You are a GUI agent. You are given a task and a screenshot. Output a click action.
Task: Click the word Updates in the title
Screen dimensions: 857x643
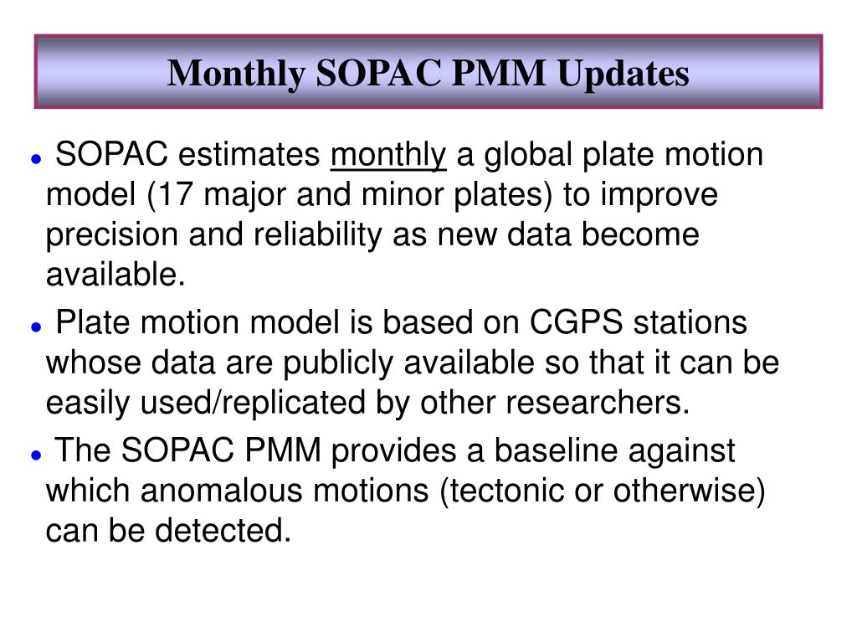click(x=623, y=74)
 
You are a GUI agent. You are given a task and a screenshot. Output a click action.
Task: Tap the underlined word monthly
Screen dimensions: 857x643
click(x=388, y=155)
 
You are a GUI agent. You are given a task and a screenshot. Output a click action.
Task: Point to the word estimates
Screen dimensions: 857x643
click(x=249, y=155)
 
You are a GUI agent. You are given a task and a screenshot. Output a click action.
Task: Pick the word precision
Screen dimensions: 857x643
click(x=111, y=235)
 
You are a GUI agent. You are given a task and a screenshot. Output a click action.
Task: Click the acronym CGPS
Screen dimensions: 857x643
click(x=576, y=322)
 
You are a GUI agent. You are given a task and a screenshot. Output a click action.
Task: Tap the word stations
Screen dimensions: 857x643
click(x=690, y=322)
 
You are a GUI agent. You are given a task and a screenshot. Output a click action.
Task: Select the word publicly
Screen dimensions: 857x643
click(x=338, y=363)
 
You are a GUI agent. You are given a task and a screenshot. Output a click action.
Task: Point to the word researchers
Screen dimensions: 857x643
click(x=598, y=403)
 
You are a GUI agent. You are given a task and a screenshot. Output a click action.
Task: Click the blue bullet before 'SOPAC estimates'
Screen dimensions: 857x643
click(x=37, y=160)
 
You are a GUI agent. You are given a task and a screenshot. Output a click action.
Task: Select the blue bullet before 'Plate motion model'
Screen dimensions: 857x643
click(x=37, y=327)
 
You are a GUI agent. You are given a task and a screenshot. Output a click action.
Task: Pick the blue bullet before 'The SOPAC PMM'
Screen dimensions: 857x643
click(x=37, y=455)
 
